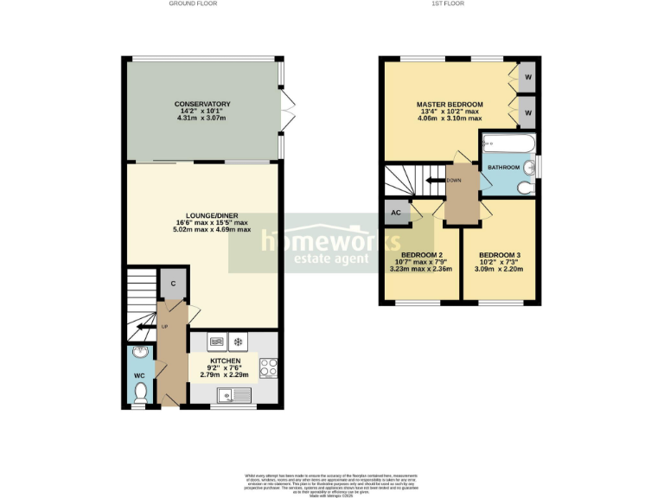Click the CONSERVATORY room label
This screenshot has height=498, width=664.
point(201,104)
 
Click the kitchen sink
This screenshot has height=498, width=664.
point(234,395)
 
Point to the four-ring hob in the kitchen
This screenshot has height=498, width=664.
point(268,367)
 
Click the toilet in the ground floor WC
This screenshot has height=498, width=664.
point(141,393)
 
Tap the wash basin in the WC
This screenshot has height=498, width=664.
point(140,354)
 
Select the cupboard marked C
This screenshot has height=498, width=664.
point(173,284)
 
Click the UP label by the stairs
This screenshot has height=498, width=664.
point(163,326)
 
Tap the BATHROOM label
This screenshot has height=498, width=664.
point(503,167)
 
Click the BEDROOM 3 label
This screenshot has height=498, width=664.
point(500,254)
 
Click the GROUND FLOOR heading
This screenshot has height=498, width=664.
point(193,4)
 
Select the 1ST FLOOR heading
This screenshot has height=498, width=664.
point(449,4)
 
